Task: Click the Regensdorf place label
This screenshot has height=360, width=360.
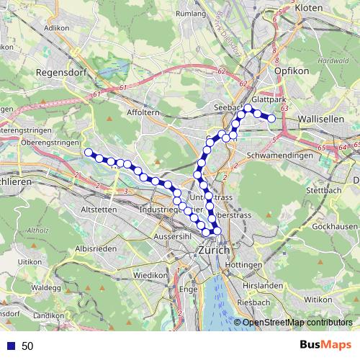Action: (60, 73)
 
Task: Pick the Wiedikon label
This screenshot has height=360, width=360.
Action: (150, 276)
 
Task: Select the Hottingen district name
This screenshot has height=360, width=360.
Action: (245, 265)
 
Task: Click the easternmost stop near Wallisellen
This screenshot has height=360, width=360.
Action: (271, 118)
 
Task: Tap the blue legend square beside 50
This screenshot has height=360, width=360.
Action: (10, 346)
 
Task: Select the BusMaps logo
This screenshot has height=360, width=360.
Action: (324, 345)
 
